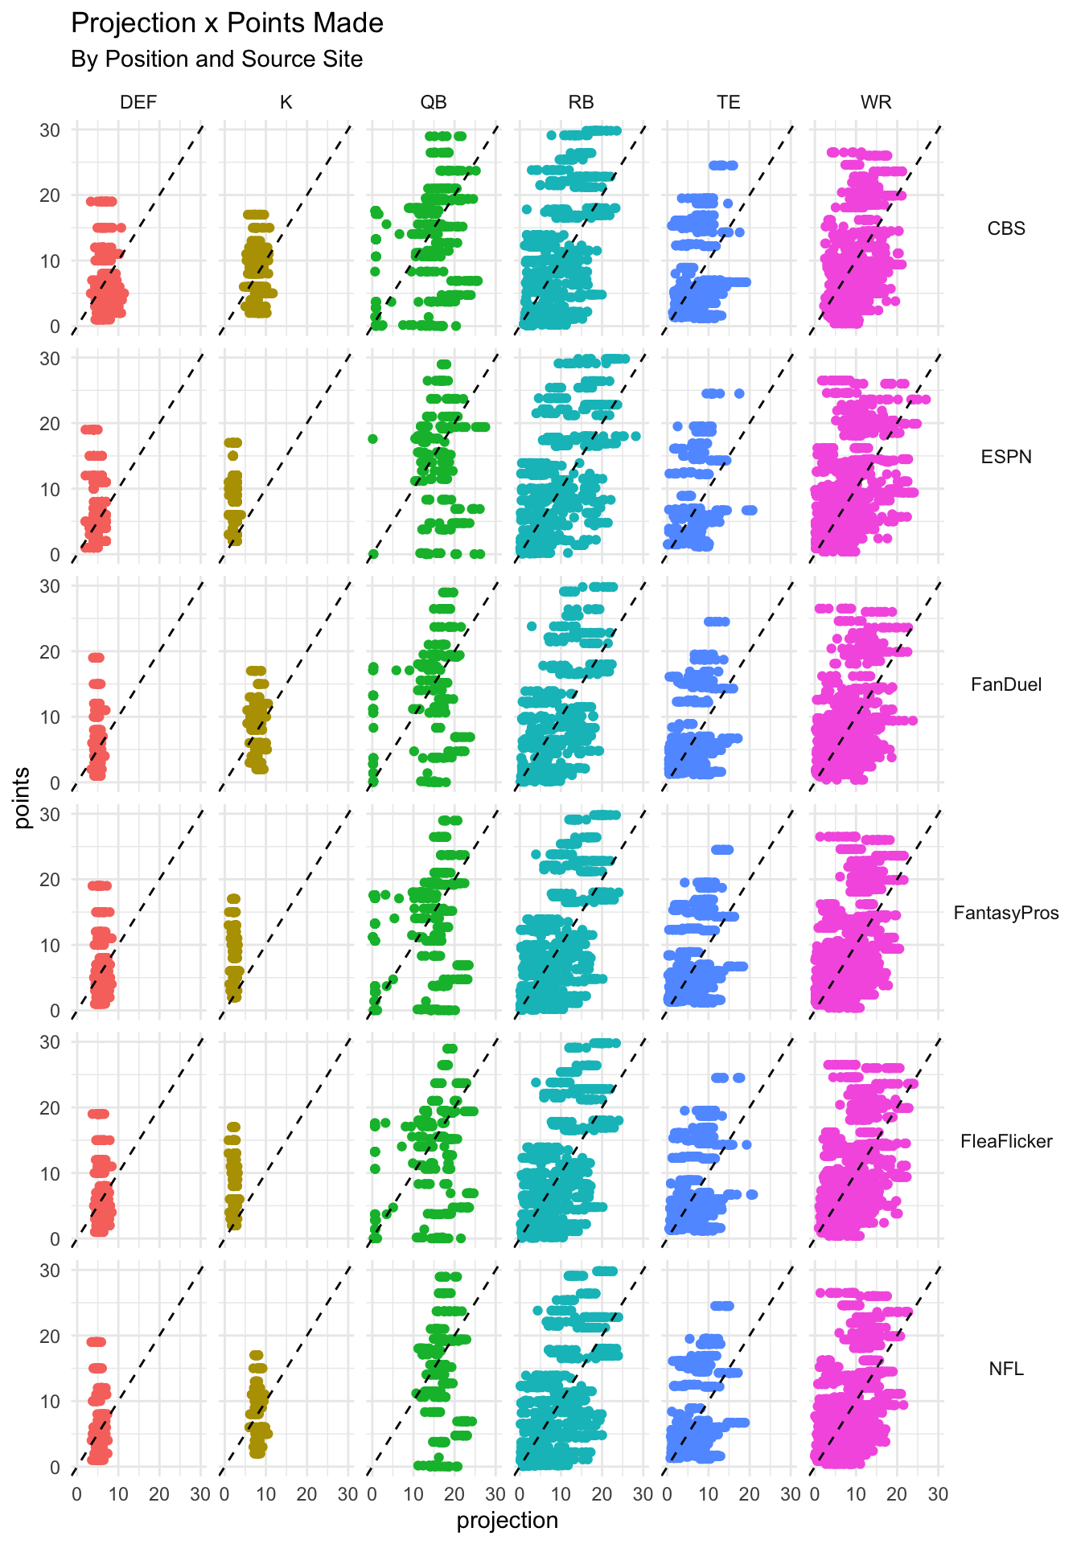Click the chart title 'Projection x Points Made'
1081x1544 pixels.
227,23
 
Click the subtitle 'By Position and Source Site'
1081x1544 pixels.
216,60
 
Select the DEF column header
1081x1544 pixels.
138,102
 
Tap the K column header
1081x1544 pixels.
286,102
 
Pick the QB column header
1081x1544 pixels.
434,102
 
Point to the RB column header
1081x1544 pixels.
581,102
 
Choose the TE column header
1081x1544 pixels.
729,102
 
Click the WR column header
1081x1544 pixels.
876,102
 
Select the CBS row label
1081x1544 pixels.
1006,228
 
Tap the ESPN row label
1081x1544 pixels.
1006,457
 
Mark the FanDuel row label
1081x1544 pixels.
1006,684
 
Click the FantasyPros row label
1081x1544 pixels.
1006,913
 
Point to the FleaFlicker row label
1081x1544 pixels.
1006,1141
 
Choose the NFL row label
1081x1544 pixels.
1006,1369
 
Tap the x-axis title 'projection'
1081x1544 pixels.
507,1521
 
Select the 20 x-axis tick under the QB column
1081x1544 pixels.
454,1495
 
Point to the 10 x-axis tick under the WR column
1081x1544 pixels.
856,1495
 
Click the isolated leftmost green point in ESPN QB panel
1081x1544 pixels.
373,439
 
